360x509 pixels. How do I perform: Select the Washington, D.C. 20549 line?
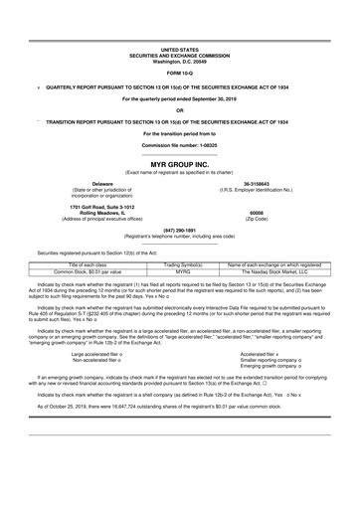[180, 61]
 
